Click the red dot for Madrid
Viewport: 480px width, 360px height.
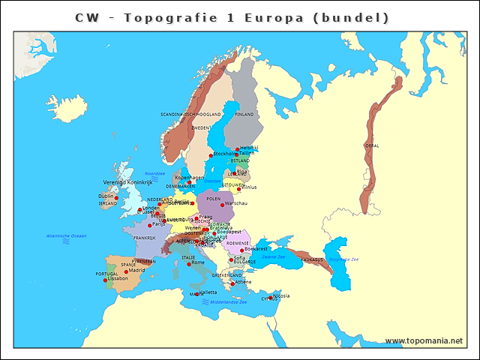coord(126,272)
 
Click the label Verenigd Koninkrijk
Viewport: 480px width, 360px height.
coord(127,182)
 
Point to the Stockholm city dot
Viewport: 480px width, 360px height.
coord(211,156)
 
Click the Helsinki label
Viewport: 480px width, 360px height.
coord(249,148)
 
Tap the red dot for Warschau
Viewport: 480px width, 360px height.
coord(222,205)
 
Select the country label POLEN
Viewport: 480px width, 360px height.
coord(214,199)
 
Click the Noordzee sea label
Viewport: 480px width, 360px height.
coord(154,172)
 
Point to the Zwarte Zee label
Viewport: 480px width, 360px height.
coord(273,256)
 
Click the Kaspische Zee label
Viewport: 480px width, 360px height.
coord(344,259)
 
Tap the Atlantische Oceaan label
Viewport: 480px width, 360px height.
coord(67,235)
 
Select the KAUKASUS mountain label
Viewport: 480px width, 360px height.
coord(313,259)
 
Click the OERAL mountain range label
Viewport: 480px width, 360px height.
coord(371,145)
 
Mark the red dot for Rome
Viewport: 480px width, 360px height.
coord(189,264)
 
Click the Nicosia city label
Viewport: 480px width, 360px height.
coord(282,295)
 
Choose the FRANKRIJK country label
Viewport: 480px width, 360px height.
coord(145,238)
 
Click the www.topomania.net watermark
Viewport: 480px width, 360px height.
coord(424,340)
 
